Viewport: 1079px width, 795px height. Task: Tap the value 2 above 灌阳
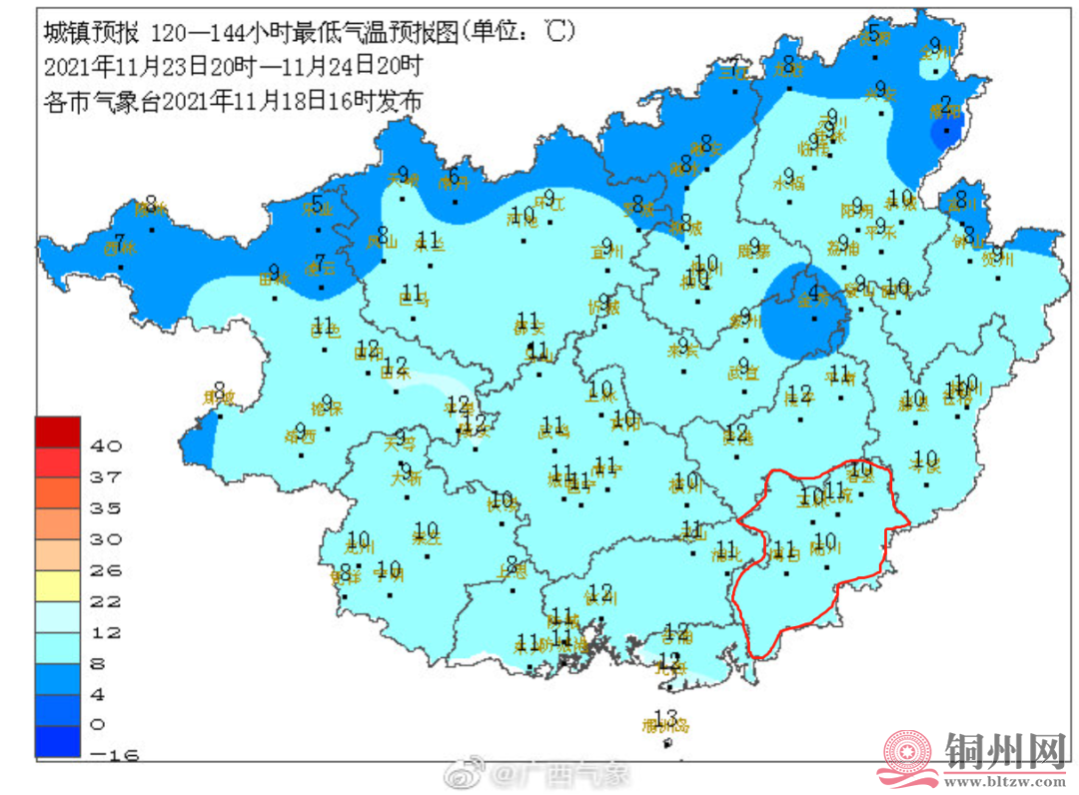945,104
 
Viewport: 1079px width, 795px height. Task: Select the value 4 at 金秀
814,293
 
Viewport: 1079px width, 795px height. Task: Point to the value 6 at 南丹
455,178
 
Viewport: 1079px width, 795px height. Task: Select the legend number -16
118,754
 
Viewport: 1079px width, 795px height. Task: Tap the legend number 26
106,570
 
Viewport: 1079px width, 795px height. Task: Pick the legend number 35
106,508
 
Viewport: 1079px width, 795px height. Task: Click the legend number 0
99,724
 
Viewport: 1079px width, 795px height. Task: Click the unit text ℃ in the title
558,32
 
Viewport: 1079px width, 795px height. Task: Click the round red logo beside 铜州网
907,756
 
